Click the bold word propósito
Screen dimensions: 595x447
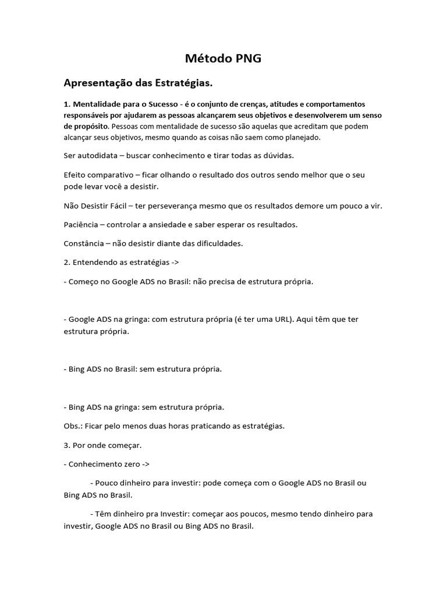tap(86, 126)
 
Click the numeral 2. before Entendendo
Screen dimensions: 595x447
tap(67, 262)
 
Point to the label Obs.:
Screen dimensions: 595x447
tap(73, 426)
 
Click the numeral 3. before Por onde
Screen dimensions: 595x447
tap(67, 445)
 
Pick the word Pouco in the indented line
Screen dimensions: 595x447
tap(107, 483)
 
